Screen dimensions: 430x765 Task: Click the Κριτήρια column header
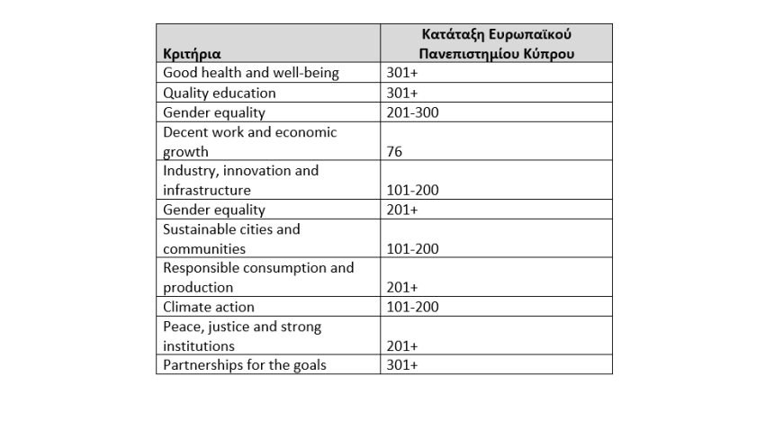[x=192, y=54]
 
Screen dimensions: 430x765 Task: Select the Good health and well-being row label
[x=251, y=74]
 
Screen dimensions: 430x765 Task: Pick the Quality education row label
[x=220, y=93]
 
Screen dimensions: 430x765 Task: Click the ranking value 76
[x=393, y=152]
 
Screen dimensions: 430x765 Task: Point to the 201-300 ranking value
[x=412, y=112]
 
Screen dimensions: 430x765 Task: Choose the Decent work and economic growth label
[x=249, y=141]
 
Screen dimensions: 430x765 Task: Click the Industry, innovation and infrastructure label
[x=240, y=180]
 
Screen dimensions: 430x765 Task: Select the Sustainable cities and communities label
[x=231, y=238]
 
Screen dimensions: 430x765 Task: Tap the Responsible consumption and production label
[x=258, y=277]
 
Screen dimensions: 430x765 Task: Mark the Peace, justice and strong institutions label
[x=242, y=336]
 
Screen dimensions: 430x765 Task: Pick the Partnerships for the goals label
[x=245, y=365]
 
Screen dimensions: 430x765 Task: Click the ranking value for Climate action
[x=412, y=307]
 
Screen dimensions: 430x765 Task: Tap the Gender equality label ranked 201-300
[x=214, y=112]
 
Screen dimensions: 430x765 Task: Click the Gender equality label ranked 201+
[x=214, y=210]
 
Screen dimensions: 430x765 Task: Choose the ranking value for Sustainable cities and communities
[x=412, y=249]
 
